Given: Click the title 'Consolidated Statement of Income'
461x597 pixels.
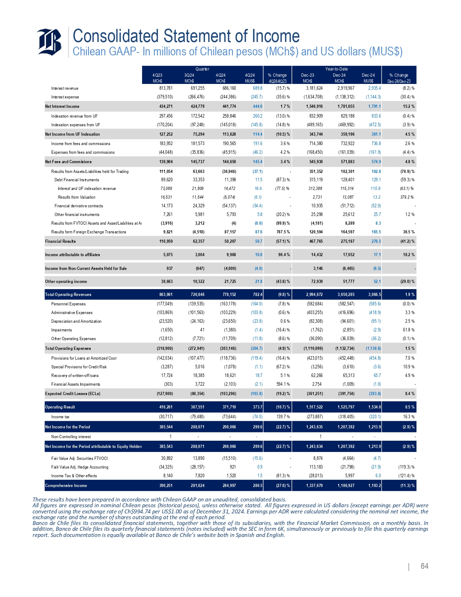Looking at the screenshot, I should tap(186, 36).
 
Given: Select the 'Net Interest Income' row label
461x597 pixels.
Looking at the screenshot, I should tap(62, 106).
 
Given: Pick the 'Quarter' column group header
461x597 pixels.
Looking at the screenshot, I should tap(202, 69).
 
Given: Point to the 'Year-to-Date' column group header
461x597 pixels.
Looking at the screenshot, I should tap(336, 69).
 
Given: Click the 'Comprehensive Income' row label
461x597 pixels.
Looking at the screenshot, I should tap(66, 486).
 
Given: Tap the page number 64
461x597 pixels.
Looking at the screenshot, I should tap(424, 566).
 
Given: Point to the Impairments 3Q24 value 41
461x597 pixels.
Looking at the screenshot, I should tap(202, 330).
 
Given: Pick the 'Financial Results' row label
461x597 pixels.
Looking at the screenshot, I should tap(60, 241).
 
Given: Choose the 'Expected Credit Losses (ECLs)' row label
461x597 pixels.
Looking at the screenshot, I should tap(72, 394).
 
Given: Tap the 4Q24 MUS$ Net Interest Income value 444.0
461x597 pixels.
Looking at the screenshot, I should tap(258, 106).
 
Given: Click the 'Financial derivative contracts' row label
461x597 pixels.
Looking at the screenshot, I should tap(78, 206).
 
